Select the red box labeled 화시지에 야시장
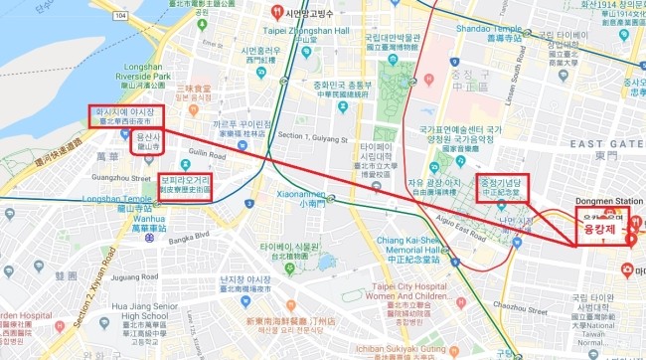(124, 115)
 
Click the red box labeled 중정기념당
(502, 186)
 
